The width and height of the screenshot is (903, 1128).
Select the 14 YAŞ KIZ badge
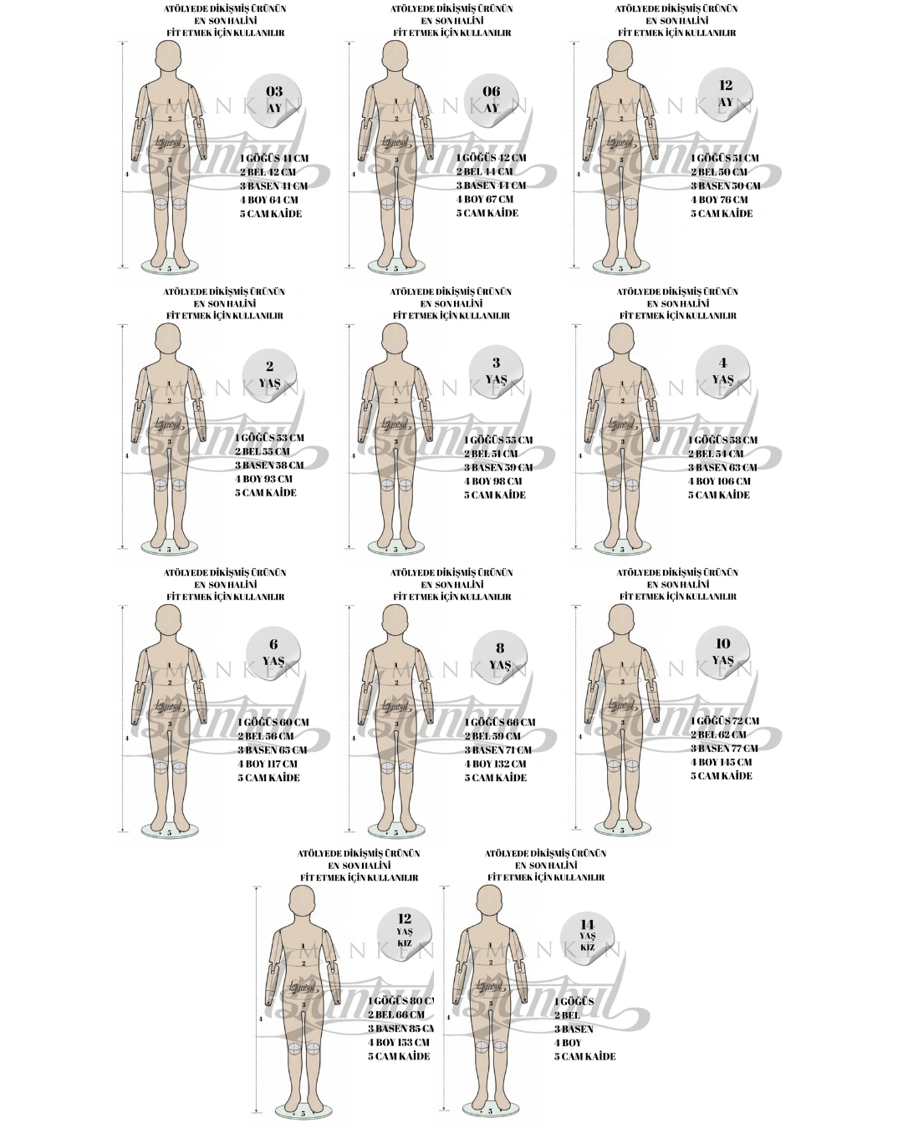(x=587, y=934)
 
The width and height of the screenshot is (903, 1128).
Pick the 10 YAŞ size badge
(x=723, y=652)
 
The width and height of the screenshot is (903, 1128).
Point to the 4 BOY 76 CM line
(x=719, y=200)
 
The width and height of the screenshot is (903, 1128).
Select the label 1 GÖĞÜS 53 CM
(x=269, y=438)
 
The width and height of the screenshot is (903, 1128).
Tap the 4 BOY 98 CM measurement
(x=493, y=481)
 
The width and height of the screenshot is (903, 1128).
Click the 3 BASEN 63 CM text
(x=722, y=468)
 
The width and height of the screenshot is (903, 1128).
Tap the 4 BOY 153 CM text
(x=399, y=1043)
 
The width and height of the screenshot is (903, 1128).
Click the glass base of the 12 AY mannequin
(x=621, y=267)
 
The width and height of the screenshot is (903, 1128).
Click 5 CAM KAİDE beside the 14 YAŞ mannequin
(x=584, y=1056)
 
